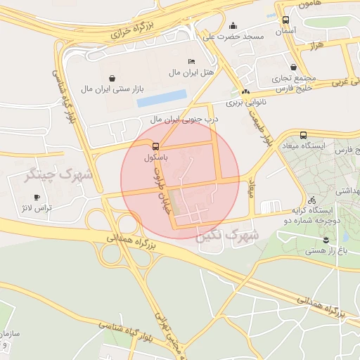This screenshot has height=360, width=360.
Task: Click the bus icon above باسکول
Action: coord(155,147)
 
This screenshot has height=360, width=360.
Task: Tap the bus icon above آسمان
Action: coord(285,20)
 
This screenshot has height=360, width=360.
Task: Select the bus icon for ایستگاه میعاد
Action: coord(303,135)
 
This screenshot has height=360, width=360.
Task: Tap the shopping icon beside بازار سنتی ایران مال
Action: coord(112,79)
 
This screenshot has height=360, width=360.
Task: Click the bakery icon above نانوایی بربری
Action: coord(245,92)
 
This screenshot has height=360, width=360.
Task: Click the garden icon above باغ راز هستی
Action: coord(307,239)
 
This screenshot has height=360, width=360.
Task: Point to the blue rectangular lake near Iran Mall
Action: coord(162,98)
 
